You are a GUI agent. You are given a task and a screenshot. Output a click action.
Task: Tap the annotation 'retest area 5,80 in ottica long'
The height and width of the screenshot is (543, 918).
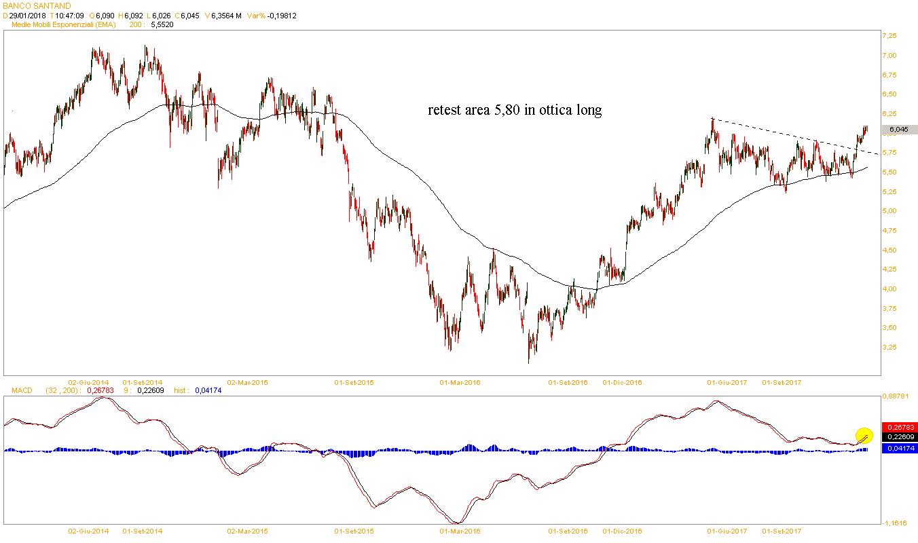515,110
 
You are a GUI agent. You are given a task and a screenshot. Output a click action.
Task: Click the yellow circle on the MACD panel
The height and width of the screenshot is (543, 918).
864,436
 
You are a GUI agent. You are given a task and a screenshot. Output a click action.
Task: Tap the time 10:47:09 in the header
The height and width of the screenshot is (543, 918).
70,15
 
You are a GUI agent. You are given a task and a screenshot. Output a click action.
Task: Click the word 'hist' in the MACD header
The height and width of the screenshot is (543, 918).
181,390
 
